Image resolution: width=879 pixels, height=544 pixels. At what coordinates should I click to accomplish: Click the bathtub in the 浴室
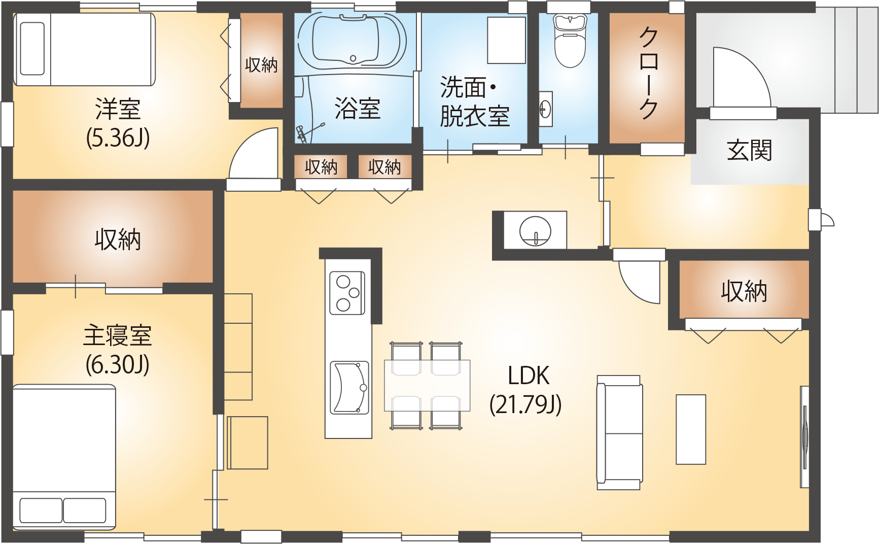352,41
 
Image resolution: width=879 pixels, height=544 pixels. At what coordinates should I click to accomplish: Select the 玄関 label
749,150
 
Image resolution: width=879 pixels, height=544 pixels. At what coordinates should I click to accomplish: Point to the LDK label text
528,376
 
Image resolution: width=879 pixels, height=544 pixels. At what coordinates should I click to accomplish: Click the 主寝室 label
117,336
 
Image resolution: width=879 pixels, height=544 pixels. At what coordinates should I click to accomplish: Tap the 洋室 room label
118,109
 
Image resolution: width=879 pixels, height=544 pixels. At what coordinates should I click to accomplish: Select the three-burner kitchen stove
347,293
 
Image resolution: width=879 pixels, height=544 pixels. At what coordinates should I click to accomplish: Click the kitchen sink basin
349,388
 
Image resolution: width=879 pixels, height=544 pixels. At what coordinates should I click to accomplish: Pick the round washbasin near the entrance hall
535,231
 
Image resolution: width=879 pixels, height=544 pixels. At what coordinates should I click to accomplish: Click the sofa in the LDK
619,432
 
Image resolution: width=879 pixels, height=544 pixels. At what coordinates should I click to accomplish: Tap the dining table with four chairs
427,385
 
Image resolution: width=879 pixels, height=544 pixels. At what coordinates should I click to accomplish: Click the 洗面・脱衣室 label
474,102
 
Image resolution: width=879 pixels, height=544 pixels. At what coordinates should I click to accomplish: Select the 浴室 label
357,109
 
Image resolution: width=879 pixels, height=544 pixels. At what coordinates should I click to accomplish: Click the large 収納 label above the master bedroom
118,239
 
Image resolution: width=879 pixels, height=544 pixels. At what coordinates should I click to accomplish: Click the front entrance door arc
741,76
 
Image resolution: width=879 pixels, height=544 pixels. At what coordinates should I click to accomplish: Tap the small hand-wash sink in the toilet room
545,108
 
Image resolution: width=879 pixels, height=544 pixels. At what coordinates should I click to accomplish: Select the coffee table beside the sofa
690,429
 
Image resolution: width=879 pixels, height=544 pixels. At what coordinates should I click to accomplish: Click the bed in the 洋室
84,49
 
